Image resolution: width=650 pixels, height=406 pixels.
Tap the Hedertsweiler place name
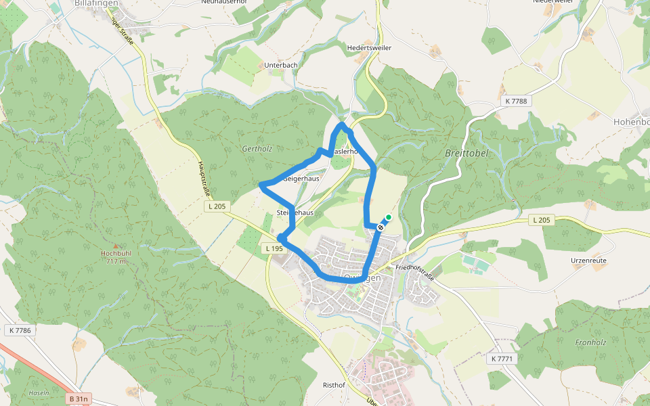coord(369,48)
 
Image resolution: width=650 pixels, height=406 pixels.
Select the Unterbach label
coord(280,65)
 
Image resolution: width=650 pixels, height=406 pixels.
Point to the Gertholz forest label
coord(257,148)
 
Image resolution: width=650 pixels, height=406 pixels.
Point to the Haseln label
coord(39,392)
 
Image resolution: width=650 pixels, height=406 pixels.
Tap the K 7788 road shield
coord(515,101)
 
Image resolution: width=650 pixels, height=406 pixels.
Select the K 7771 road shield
coord(503,358)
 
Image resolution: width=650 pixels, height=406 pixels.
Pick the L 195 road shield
coord(274,249)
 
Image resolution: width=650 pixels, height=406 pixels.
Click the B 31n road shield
coord(79,399)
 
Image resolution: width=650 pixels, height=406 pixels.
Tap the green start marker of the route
coord(388,217)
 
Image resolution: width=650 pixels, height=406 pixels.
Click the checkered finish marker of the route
coord(381,227)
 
